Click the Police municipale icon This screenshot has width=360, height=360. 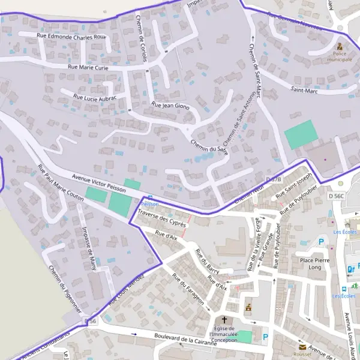(340, 46)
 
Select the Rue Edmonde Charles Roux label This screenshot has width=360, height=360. (71, 37)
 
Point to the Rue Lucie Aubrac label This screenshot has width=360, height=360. (95, 96)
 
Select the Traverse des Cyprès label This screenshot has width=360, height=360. (161, 218)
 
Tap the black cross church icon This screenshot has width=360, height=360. (225, 320)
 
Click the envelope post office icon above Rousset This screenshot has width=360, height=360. (303, 347)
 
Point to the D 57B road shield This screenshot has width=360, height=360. (273, 179)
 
